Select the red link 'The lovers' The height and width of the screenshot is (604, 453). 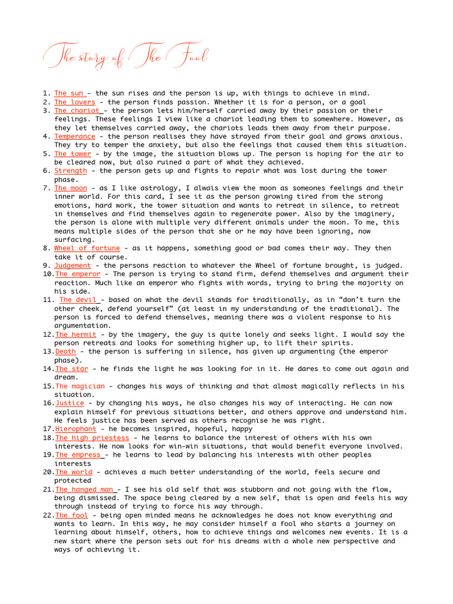tap(74, 102)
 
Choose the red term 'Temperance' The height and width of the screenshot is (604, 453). tap(74, 136)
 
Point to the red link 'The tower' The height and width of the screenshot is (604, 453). tap(73, 154)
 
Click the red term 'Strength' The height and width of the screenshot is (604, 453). tap(70, 171)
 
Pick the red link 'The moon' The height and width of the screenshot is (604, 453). tap(70, 188)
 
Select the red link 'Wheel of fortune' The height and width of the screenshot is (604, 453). tap(87, 248)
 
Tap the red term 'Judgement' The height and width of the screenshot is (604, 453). tap(73, 265)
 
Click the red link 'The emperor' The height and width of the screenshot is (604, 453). tap(78, 274)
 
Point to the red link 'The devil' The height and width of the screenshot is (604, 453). tap(79, 300)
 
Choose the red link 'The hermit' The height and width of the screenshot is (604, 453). tap(75, 334)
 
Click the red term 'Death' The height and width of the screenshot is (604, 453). tap(65, 352)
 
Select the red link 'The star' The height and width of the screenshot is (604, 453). tap(71, 369)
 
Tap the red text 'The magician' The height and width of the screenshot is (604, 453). tap(80, 386)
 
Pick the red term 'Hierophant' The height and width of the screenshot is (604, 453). tap(75, 429)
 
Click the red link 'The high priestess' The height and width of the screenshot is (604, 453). tap(91, 438)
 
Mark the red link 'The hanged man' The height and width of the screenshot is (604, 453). tap(85, 490)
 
